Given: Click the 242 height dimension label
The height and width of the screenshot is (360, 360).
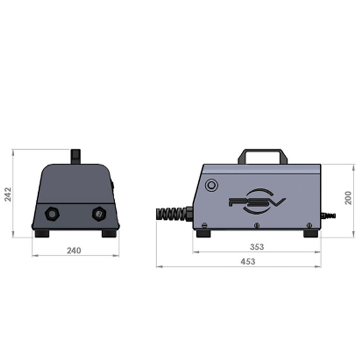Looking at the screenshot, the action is (x=8, y=194).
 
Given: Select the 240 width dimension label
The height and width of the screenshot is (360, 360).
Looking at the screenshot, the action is (x=74, y=251).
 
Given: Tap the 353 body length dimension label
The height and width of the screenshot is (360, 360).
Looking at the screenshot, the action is (x=257, y=247).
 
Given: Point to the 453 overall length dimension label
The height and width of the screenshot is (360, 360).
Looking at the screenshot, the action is (x=248, y=261).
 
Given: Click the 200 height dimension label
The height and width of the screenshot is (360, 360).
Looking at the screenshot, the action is (x=348, y=198).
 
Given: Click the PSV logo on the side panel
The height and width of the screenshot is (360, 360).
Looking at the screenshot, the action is (x=257, y=201).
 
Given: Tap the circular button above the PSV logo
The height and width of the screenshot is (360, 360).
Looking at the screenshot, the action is (x=211, y=185).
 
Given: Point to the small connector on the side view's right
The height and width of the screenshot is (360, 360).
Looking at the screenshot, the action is (x=328, y=216).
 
